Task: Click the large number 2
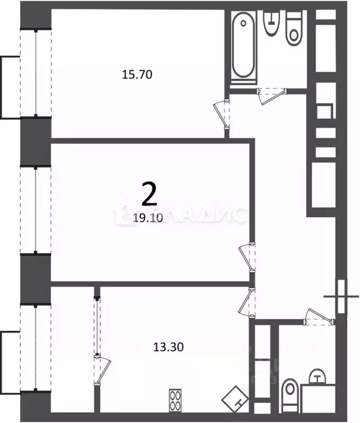149,193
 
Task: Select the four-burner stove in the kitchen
176,399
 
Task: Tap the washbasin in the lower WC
317,378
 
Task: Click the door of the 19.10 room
246,256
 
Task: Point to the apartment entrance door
319,316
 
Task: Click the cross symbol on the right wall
341,296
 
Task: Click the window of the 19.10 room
36,209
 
